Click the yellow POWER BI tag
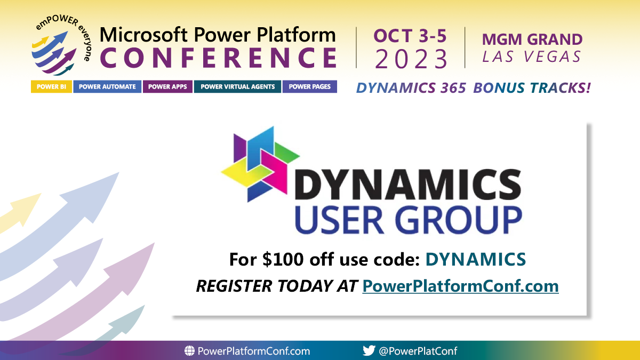pos(51,86)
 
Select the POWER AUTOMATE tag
pos(107,86)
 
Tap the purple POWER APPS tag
pos(167,86)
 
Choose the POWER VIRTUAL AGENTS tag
pos(237,86)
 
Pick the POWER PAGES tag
pos(310,86)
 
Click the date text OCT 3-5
pos(410,36)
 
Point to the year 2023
pos(411,59)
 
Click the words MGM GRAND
pos(532,39)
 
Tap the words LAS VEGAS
pos(531,57)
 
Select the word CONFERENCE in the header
pos(219,58)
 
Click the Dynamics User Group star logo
pos(261,164)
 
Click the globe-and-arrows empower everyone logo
pos(61,45)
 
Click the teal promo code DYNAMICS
pos(476,259)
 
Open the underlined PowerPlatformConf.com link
pos(460,286)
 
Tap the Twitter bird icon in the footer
pos(369,350)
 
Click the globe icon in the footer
pos(189,350)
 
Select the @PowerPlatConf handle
pos(418,350)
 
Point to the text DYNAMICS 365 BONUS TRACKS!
pos(473,87)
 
